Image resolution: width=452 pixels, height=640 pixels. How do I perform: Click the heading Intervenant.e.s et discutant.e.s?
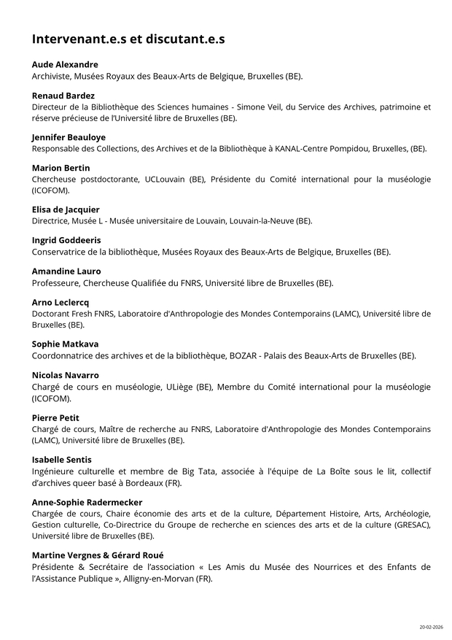[x=128, y=39]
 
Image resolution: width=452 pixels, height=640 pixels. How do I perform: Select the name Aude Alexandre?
[x=65, y=64]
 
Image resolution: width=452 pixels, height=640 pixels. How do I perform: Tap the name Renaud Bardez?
[x=63, y=96]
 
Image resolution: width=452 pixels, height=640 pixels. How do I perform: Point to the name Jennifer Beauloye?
[x=69, y=137]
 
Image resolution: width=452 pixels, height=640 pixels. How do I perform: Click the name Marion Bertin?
[x=61, y=168]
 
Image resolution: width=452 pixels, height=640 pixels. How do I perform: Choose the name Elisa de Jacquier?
[x=66, y=209]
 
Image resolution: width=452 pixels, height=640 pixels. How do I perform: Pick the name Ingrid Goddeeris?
[x=66, y=240]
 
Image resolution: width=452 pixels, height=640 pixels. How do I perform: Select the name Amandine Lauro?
[x=66, y=271]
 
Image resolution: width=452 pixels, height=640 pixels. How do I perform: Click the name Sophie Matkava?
[x=65, y=344]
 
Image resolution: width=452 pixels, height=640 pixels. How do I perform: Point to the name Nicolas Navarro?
[x=66, y=375]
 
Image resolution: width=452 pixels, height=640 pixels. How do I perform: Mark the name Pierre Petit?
[x=55, y=417]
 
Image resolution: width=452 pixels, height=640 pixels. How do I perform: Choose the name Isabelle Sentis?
[x=62, y=460]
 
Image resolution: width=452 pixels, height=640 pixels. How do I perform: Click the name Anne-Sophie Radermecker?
[x=87, y=502]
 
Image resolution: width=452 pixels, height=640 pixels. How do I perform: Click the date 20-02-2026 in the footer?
[x=430, y=627]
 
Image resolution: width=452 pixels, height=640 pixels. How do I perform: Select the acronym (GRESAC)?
[x=411, y=525]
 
